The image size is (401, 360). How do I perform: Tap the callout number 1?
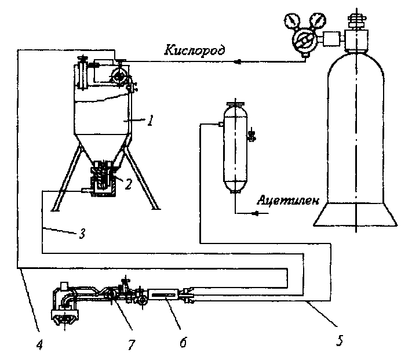coord(150,121)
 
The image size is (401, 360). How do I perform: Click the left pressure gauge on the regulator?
coord(291,23)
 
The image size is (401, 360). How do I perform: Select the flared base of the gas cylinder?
coord(355,214)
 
